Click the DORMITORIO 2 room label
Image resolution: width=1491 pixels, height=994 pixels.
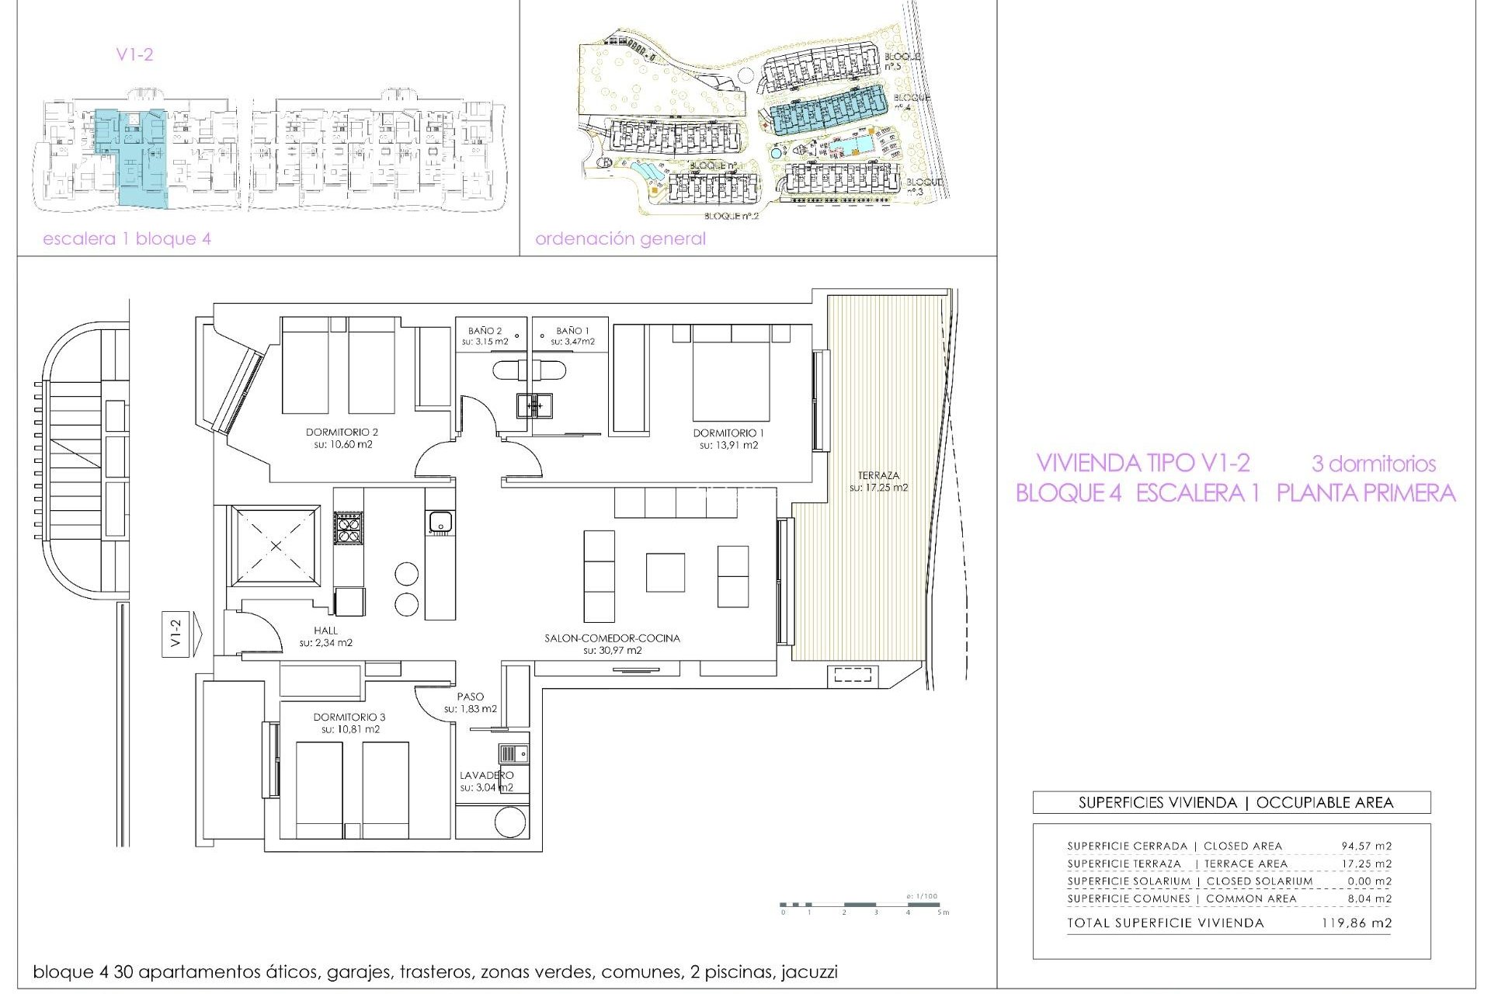coord(342,433)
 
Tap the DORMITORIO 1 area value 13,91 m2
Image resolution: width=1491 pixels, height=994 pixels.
coord(728,446)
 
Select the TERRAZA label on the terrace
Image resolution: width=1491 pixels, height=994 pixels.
coord(878,475)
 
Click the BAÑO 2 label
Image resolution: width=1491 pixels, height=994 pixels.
coord(485,331)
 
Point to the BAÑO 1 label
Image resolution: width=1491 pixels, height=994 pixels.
coord(572,331)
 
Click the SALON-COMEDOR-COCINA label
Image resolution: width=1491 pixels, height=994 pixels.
coord(612,638)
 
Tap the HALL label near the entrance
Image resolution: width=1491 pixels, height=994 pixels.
coord(326,631)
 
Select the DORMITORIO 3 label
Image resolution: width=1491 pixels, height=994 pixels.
coord(349,718)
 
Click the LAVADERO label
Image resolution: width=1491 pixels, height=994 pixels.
coord(486,775)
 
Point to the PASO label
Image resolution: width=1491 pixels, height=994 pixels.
coord(470,697)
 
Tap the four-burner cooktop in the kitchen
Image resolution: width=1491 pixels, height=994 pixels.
coord(348,528)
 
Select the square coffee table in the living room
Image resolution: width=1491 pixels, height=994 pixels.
coord(665,572)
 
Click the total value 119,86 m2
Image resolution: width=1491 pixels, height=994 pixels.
coord(1356,923)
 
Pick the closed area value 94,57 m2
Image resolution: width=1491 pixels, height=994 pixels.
coord(1366,846)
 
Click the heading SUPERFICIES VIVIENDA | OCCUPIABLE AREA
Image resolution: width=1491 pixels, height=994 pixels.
coord(1236,803)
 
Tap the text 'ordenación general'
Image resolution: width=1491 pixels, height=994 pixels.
coord(620,239)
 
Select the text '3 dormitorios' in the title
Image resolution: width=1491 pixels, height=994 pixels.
coord(1373,464)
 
